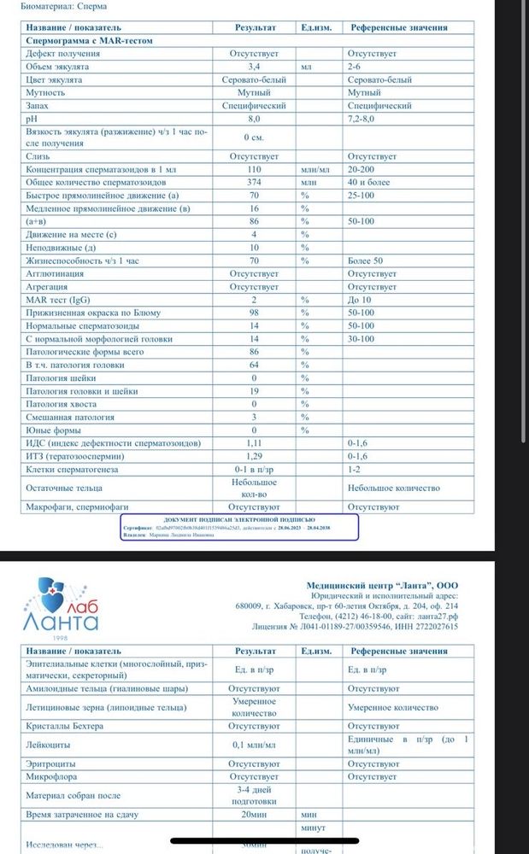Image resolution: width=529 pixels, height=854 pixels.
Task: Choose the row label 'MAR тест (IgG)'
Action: pyautogui.click(x=58, y=300)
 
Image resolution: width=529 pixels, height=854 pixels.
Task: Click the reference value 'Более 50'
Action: pyautogui.click(x=366, y=260)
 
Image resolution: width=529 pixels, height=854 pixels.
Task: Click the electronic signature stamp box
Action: pyautogui.click(x=238, y=528)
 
